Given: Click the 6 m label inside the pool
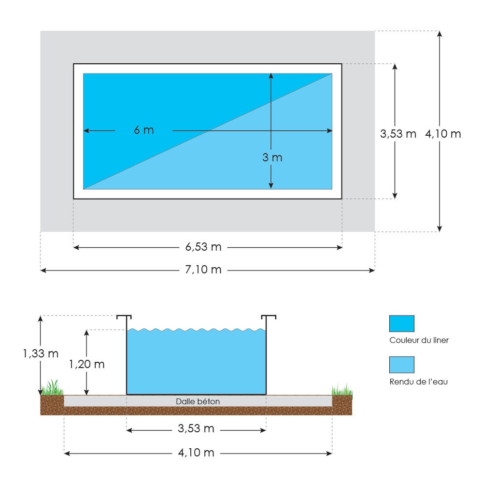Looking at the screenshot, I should point(144,130).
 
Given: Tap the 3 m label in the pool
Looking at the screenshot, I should point(272,157).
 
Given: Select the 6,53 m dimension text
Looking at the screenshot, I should point(203,247).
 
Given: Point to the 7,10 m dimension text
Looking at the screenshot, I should point(203,270).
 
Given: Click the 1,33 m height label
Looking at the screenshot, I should point(41,354).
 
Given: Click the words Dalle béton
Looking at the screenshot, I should point(198,401).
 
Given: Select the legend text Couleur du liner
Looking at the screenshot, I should point(419,340).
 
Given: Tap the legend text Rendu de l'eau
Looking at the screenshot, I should point(419,382).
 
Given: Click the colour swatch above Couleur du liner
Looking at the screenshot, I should point(401,323).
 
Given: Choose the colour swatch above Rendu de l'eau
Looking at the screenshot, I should point(401,365).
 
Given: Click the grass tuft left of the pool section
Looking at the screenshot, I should point(53,388).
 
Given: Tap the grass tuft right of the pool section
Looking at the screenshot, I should point(342,389).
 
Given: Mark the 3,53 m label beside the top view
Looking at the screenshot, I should point(398,134).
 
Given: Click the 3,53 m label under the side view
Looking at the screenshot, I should point(196,429).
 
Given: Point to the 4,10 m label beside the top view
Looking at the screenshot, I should point(443,134).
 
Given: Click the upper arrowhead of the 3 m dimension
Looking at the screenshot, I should point(271,76).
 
